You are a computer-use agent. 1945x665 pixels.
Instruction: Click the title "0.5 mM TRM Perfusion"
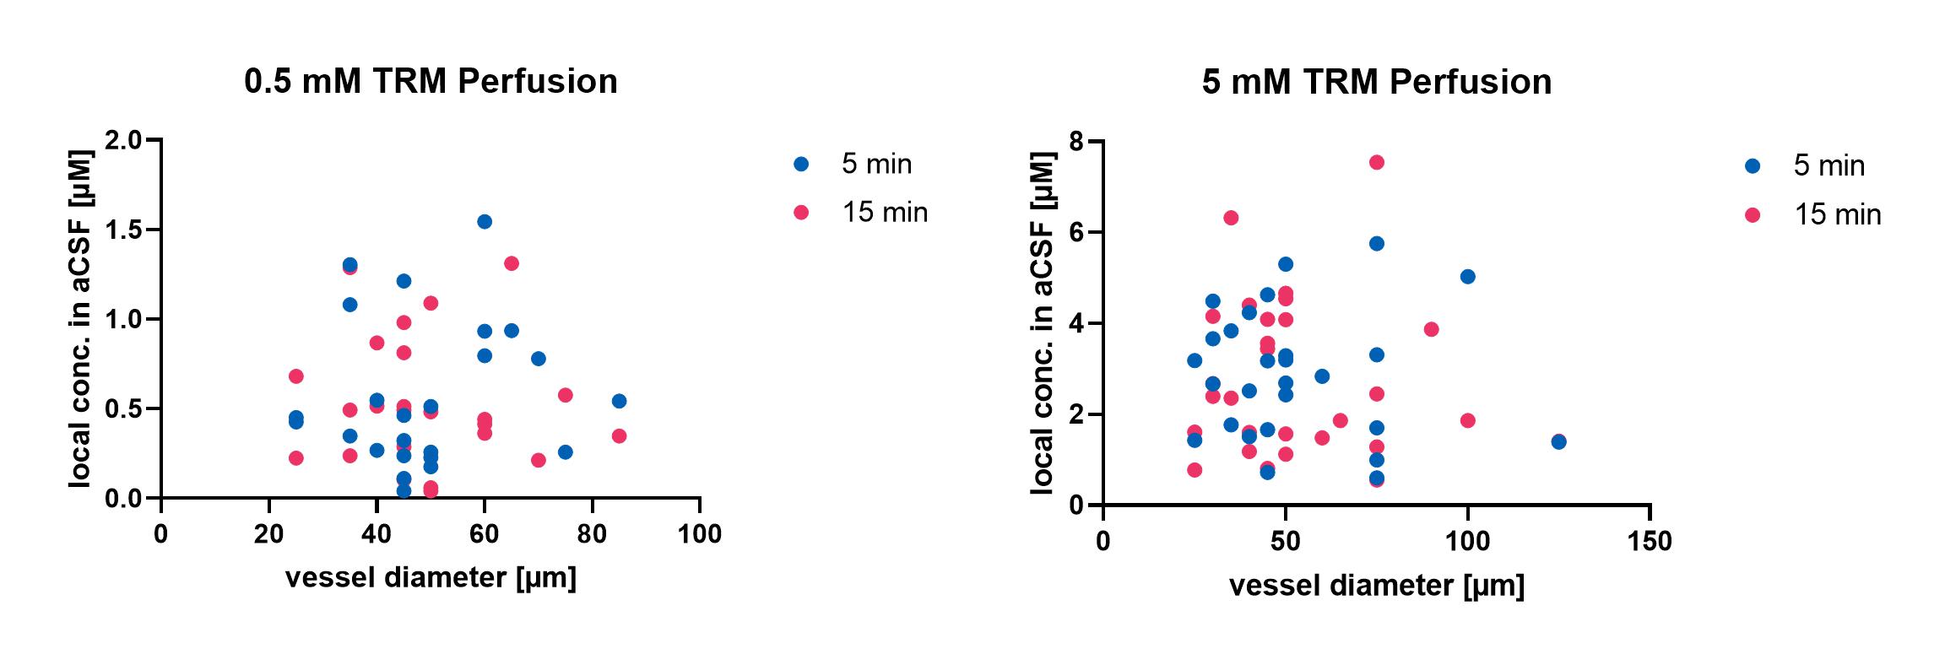(x=431, y=82)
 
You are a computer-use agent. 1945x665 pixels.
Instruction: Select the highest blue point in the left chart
(x=485, y=222)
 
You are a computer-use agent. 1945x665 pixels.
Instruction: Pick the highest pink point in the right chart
(x=1376, y=163)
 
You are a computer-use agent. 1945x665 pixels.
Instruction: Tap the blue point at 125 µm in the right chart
(x=1558, y=442)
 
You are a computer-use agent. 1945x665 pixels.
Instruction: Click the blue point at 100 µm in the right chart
(x=1467, y=277)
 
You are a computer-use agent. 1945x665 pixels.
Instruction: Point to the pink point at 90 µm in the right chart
(x=1431, y=329)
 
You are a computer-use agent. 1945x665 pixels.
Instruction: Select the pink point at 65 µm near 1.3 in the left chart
(x=512, y=263)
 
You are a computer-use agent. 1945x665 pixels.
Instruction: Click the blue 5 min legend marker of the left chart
(x=801, y=165)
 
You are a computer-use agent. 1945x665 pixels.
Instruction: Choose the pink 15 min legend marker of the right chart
(x=1753, y=215)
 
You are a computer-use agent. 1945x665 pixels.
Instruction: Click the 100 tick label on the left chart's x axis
(x=700, y=535)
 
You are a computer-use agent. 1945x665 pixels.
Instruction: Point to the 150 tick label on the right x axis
(x=1650, y=541)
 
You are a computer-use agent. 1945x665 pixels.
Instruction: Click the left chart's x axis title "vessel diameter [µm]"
(x=431, y=578)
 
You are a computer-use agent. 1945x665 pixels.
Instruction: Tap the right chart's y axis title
(x=1043, y=323)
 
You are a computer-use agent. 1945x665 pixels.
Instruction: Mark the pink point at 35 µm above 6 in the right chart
(x=1231, y=218)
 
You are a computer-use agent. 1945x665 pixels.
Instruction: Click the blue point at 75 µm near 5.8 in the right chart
(x=1376, y=244)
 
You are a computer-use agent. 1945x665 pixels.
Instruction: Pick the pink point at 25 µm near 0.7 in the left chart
(x=295, y=376)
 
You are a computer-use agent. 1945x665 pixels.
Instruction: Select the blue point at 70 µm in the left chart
(x=539, y=359)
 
